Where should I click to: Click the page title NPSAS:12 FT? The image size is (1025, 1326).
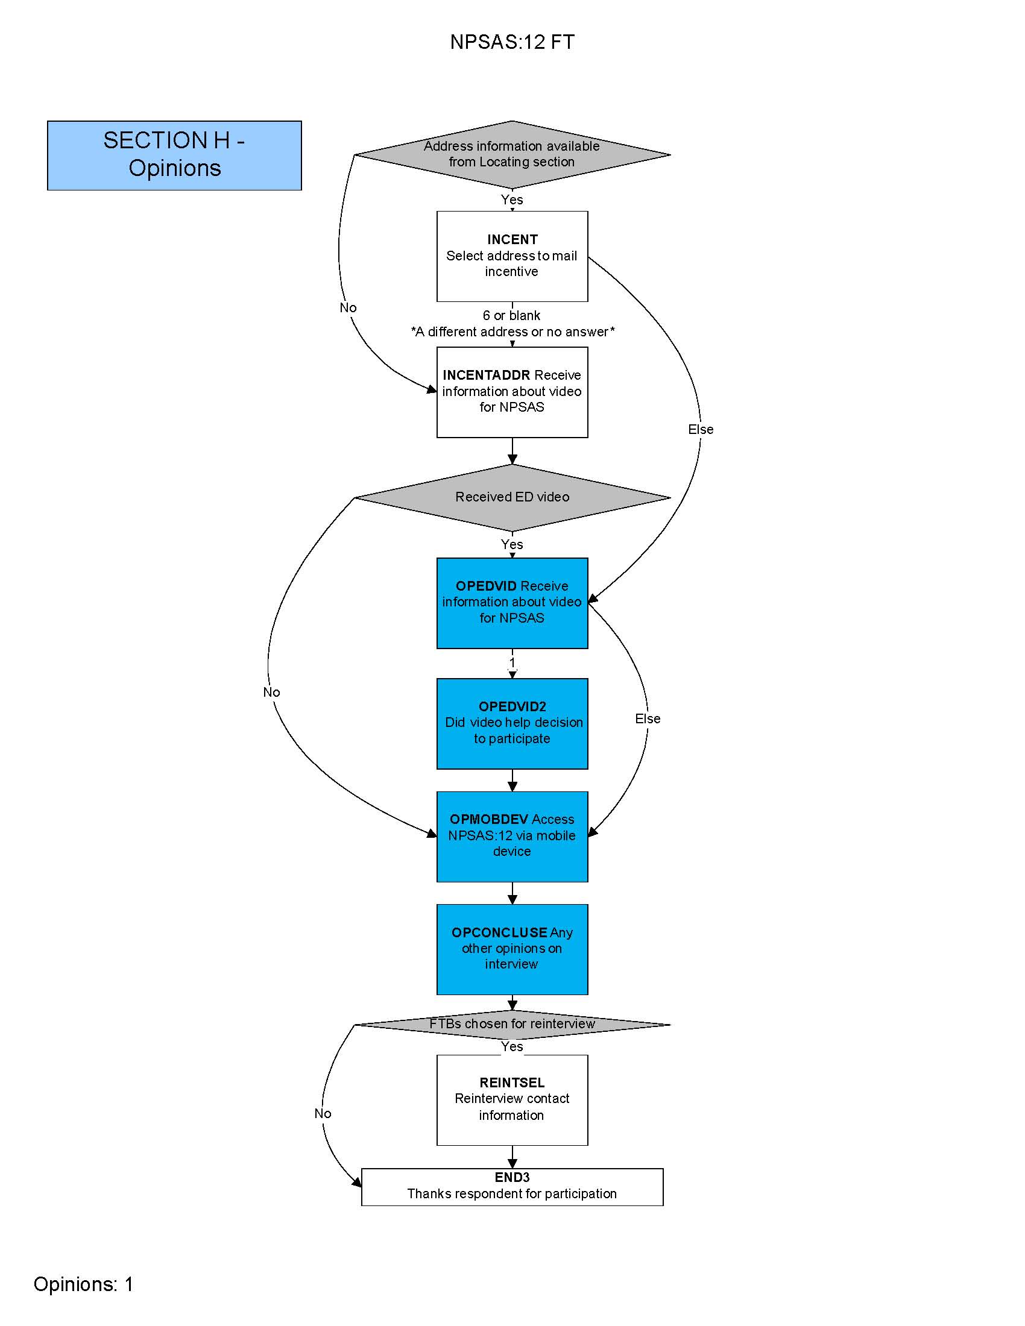pyautogui.click(x=512, y=42)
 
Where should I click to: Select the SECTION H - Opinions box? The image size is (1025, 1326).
pyautogui.click(x=174, y=155)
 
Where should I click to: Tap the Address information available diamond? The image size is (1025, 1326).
pyautogui.click(x=512, y=154)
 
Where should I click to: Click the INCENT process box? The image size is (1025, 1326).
pyautogui.click(x=512, y=256)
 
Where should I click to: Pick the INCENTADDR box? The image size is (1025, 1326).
pyautogui.click(x=512, y=392)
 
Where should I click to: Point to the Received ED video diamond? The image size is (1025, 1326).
pyautogui.click(x=512, y=497)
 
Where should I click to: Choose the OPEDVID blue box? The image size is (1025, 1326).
pyautogui.click(x=512, y=602)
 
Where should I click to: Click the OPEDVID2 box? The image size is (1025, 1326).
pyautogui.click(x=512, y=723)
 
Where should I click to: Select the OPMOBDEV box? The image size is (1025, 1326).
pyautogui.click(x=512, y=836)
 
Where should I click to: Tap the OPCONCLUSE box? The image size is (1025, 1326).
pyautogui.click(x=512, y=949)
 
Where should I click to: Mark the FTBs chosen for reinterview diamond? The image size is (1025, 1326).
pyautogui.click(x=512, y=1024)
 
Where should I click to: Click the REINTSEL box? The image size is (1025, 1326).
pyautogui.click(x=512, y=1099)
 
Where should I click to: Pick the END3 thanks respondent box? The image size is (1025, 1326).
pyautogui.click(x=512, y=1186)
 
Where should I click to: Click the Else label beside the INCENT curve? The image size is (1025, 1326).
pyautogui.click(x=701, y=430)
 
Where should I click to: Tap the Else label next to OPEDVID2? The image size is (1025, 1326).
pyautogui.click(x=648, y=719)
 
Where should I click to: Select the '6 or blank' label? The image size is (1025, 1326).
pyautogui.click(x=511, y=316)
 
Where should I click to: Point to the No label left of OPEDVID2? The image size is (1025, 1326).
pyautogui.click(x=271, y=693)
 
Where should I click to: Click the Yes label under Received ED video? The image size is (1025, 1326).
pyautogui.click(x=512, y=545)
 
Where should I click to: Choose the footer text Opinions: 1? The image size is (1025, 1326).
pyautogui.click(x=83, y=1284)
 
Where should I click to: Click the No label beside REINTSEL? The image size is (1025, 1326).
pyautogui.click(x=323, y=1113)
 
